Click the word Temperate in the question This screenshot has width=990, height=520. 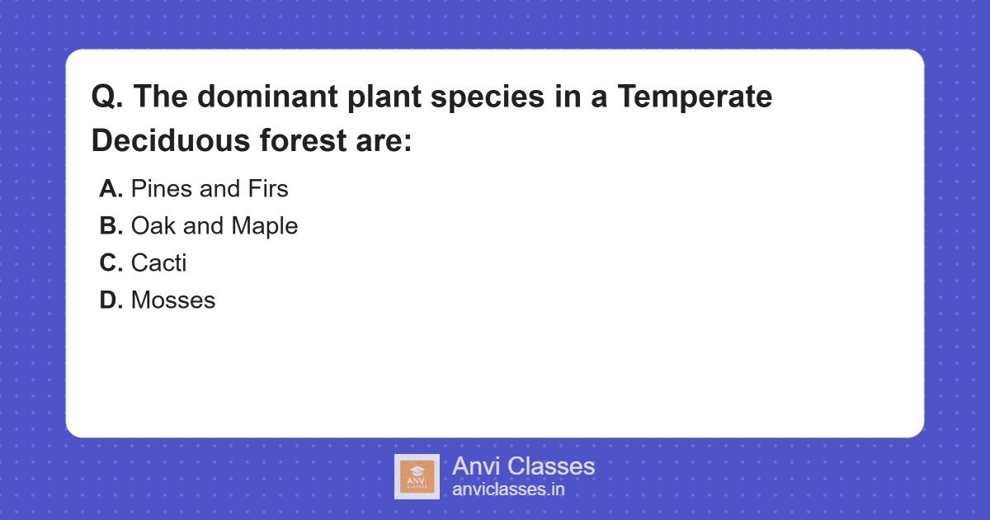pos(695,97)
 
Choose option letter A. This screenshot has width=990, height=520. pos(111,189)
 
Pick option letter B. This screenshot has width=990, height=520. pos(111,226)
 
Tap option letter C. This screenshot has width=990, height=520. pos(111,263)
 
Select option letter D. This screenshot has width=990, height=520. pos(111,300)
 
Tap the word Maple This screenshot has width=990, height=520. pos(264,226)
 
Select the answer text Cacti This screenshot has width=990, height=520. pos(158,263)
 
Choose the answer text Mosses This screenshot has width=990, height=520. pos(173,300)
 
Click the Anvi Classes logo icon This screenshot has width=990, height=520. pos(417,477)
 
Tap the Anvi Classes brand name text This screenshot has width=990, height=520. pos(523,466)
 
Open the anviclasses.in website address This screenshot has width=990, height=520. pos(508,489)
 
